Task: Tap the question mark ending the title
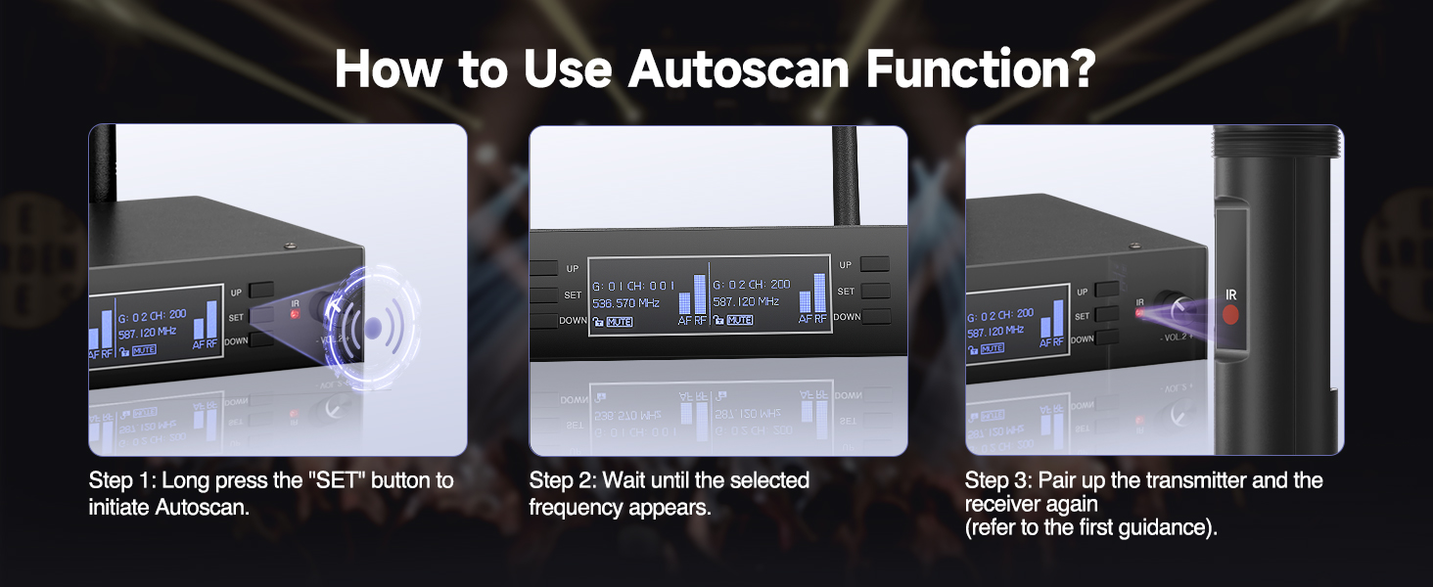1078,68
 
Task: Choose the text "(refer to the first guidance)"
1091,528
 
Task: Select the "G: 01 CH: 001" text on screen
634,286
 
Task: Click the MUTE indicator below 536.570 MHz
619,321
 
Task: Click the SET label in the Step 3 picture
1082,316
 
